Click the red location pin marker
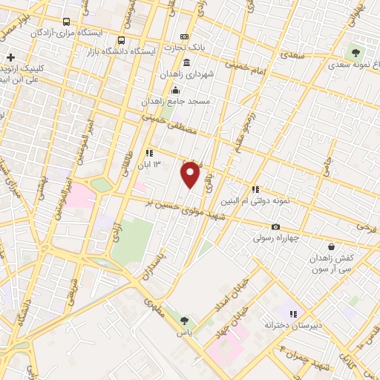click(x=191, y=174)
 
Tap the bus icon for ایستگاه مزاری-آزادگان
click(x=68, y=22)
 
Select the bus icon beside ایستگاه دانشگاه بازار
click(x=121, y=39)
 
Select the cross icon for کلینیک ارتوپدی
click(x=10, y=57)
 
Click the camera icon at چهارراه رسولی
click(x=276, y=226)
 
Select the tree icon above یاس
click(x=183, y=320)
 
